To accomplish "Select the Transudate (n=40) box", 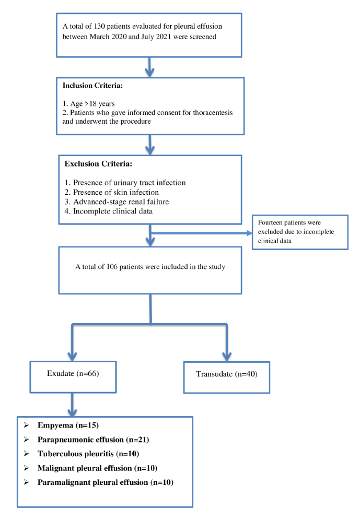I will tap(226, 374).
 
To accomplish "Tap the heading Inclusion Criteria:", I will tap(94, 85).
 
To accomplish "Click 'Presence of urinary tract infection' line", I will tap(125, 182).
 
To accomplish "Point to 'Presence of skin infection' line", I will tap(111, 192).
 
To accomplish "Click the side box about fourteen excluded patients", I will tap(299, 232).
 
